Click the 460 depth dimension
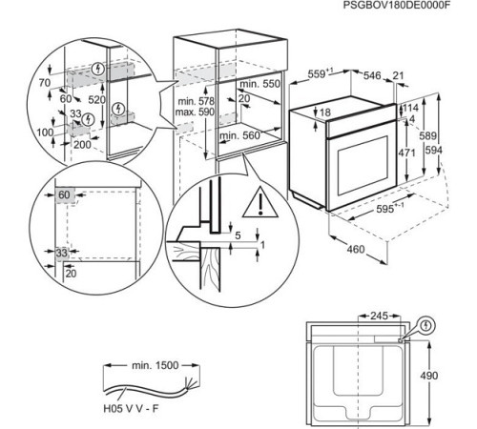pyautogui.click(x=354, y=250)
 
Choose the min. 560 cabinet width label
pyautogui.click(x=238, y=136)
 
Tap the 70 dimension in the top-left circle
pyautogui.click(x=43, y=84)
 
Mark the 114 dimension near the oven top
pyautogui.click(x=412, y=108)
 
